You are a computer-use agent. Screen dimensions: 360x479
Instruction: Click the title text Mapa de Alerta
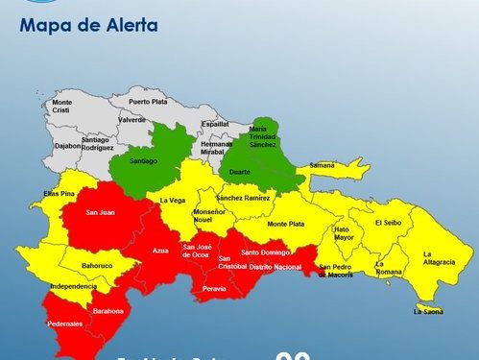(x=87, y=25)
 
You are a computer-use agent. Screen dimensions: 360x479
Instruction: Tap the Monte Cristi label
(x=62, y=107)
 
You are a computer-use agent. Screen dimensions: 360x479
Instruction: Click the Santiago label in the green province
(x=142, y=164)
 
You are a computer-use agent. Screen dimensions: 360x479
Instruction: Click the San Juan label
(x=101, y=212)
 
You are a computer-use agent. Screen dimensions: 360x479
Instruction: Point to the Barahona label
(x=108, y=311)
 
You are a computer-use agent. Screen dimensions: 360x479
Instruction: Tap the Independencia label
(x=73, y=286)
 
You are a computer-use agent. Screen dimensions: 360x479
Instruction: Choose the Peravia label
(x=215, y=288)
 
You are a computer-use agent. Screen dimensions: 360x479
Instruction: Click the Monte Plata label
(x=286, y=224)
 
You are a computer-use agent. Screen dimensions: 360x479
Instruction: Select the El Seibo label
(x=390, y=223)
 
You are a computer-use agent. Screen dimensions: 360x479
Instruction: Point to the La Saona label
(x=428, y=311)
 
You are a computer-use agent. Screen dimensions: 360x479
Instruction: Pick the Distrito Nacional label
(x=275, y=266)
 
